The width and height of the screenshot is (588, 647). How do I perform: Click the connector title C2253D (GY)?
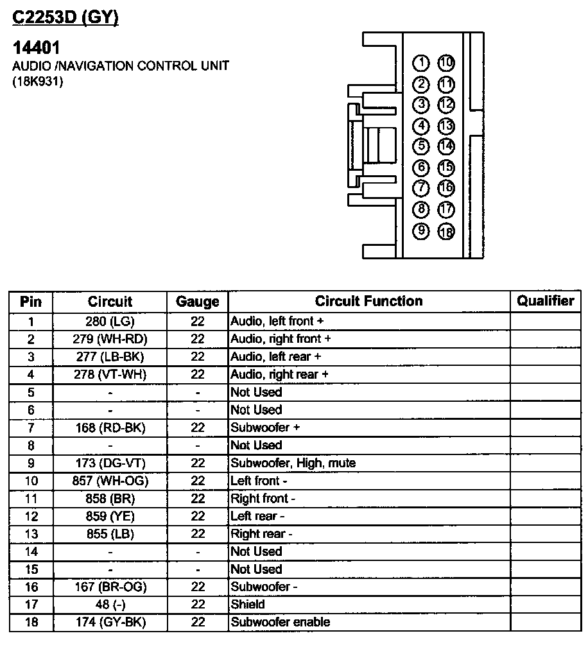(x=65, y=18)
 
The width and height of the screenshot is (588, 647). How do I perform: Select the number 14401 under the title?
(x=37, y=48)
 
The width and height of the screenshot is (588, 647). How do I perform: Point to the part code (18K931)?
(x=38, y=82)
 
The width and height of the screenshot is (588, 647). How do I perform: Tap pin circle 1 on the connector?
(x=421, y=63)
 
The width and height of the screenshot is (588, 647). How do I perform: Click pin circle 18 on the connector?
(x=445, y=232)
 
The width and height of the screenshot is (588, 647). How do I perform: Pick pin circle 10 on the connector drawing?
(x=445, y=63)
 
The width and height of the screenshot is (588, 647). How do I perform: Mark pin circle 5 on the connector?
(x=421, y=146)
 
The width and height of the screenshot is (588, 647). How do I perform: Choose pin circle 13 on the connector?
(x=445, y=126)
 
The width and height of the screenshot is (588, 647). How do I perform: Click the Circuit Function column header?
(x=368, y=301)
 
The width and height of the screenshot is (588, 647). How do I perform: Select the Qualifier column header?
(x=546, y=301)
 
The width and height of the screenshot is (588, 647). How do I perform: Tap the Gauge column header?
(x=197, y=302)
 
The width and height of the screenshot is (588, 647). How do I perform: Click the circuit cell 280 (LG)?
(x=110, y=321)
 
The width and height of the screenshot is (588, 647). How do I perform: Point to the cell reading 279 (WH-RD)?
(x=110, y=339)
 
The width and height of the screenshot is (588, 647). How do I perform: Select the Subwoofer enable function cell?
(x=281, y=622)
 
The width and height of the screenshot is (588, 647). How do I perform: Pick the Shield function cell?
(x=248, y=604)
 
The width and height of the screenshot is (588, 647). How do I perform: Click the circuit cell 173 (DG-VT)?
(x=110, y=463)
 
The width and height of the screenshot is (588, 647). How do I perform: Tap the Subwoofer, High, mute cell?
(x=293, y=463)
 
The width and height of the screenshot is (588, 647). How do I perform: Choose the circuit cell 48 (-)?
(x=110, y=604)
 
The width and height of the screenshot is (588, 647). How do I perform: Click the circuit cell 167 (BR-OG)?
(x=110, y=587)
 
